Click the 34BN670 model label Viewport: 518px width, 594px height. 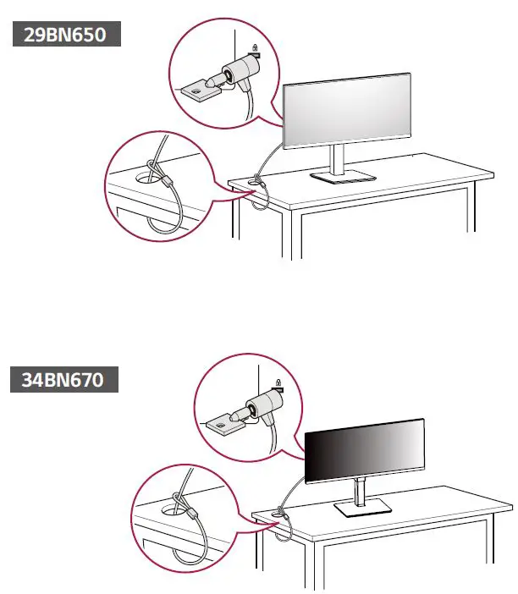tap(67, 381)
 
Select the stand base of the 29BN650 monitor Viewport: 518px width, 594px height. tap(342, 175)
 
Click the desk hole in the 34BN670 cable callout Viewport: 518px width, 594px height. tap(173, 510)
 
